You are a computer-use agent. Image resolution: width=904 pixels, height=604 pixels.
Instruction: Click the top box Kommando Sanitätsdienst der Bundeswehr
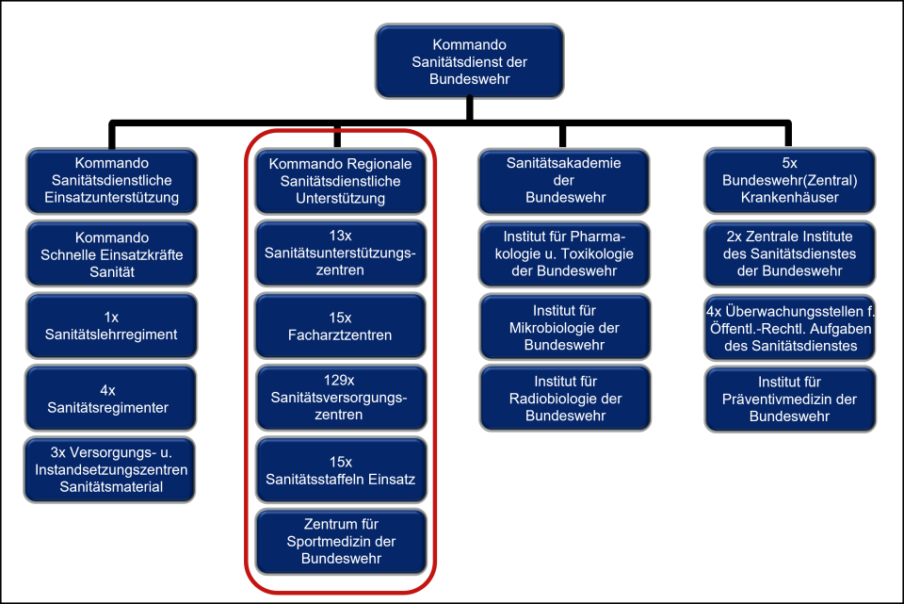point(469,61)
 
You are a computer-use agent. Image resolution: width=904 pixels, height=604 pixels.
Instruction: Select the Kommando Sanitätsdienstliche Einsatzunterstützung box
point(111,181)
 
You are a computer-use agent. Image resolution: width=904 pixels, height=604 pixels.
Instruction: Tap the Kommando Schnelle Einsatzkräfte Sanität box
point(111,254)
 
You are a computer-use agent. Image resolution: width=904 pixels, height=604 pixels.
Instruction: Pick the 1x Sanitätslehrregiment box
point(111,326)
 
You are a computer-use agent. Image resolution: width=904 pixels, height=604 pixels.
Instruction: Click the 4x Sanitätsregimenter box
point(111,398)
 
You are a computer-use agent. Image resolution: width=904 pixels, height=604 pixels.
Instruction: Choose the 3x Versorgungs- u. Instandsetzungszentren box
point(111,469)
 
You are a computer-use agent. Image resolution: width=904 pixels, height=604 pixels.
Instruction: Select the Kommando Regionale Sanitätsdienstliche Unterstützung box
point(341,181)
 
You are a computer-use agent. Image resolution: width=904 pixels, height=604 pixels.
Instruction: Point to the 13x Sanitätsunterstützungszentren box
point(341,253)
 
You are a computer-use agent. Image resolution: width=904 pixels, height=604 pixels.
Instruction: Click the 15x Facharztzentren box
point(341,326)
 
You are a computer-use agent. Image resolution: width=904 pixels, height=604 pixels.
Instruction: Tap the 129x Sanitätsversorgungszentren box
point(341,398)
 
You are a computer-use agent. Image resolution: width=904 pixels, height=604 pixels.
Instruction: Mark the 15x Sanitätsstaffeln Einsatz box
point(341,470)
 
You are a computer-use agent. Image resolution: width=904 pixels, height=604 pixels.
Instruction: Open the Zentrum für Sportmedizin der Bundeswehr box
point(341,542)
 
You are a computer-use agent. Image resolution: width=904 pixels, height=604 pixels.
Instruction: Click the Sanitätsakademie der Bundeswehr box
point(564,181)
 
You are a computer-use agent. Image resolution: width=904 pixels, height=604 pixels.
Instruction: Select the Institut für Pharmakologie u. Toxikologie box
point(564,253)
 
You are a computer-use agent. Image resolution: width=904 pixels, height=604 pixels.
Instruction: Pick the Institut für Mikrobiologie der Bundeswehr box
point(564,327)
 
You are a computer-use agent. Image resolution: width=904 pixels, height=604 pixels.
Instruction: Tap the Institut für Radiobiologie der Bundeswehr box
point(564,398)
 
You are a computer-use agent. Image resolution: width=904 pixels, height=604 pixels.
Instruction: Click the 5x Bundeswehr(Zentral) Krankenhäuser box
point(790,181)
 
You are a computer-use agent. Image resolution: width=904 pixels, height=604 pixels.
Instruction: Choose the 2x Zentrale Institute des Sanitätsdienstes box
point(790,253)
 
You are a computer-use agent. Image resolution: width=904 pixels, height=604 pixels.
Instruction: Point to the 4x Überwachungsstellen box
point(790,327)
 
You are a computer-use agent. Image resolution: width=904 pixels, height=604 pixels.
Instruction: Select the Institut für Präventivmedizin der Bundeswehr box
point(790,398)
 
